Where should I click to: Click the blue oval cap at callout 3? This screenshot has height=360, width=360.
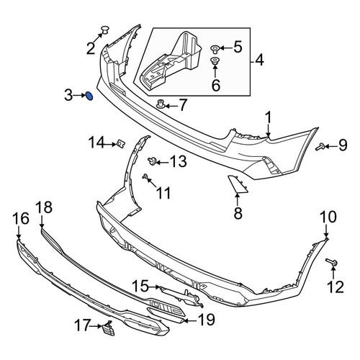89,96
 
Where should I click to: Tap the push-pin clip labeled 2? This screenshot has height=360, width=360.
105,30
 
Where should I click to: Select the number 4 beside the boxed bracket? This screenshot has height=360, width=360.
259,60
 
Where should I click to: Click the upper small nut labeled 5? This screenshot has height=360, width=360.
215,49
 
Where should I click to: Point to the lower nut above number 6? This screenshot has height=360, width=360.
214,60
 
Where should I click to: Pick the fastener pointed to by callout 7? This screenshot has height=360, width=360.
161,104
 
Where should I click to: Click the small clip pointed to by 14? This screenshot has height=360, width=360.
121,144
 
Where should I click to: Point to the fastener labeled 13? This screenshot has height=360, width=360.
152,161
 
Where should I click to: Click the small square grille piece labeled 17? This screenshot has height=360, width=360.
109,328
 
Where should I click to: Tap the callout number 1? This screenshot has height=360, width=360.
268,119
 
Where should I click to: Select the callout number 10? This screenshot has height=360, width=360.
328,217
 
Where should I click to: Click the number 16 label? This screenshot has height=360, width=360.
21,219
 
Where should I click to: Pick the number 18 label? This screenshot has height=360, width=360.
44,207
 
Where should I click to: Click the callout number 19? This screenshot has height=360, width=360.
206,320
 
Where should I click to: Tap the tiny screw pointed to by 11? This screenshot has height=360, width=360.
145,177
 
